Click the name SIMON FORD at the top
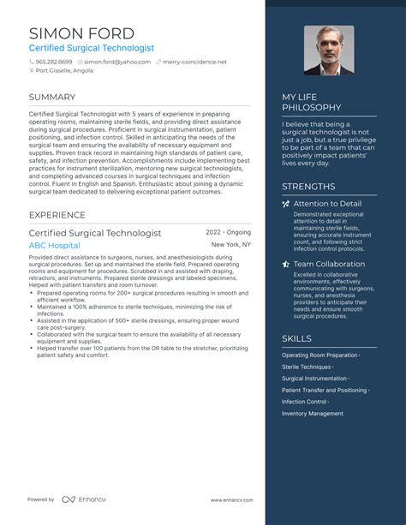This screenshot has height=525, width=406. point(81,33)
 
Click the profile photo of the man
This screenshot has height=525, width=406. point(330,50)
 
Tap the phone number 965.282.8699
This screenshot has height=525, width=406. point(53,62)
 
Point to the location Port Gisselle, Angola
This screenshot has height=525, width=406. point(64,71)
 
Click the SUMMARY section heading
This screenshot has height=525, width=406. point(52,97)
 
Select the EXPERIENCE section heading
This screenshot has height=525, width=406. point(57,215)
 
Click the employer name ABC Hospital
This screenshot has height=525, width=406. point(54,245)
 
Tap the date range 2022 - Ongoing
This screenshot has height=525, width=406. point(228,232)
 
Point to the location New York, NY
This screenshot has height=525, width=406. point(231,245)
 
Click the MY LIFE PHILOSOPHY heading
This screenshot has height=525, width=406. point(312,102)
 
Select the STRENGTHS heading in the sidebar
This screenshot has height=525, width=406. point(308,186)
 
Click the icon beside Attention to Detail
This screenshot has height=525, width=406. point(286,204)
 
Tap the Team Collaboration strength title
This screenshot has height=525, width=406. point(329,264)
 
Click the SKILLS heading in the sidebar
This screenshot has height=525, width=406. point(297,338)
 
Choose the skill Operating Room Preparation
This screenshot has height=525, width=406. point(319,355)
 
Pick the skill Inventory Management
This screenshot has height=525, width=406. point(313,414)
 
